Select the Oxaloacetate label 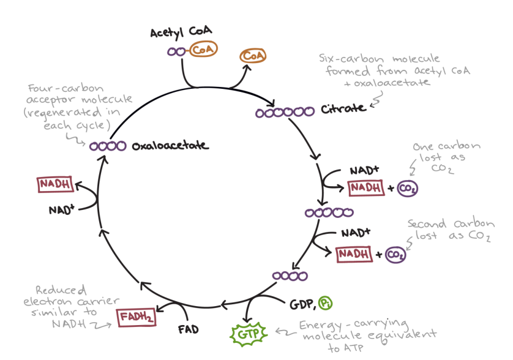coord(170,146)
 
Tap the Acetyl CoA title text coord(177,32)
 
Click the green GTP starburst coord(245,334)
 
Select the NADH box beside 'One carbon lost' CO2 coord(365,189)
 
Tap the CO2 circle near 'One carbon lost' coord(406,189)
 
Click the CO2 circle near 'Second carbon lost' coord(395,254)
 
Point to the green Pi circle coord(325,302)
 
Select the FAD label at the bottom coord(189,329)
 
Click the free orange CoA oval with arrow coord(252,56)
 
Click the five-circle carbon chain coord(328,212)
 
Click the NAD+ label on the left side coord(62,210)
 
